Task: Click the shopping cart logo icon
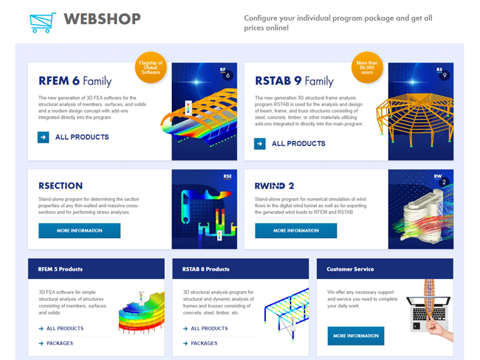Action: (42, 22)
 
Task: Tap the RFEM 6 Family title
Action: (75, 81)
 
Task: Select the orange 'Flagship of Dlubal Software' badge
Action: (150, 67)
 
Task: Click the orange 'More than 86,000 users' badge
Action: (367, 67)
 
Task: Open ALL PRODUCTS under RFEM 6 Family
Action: (81, 137)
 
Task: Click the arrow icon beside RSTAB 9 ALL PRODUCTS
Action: (260, 143)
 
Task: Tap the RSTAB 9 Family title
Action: (294, 81)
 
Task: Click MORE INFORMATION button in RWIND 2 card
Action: (296, 231)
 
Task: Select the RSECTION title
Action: (61, 186)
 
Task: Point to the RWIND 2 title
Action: (275, 186)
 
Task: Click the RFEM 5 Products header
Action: (60, 269)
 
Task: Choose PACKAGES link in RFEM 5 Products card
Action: (59, 344)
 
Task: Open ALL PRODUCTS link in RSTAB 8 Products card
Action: (209, 328)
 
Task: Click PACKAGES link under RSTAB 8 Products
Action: (203, 344)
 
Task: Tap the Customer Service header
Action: (350, 269)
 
